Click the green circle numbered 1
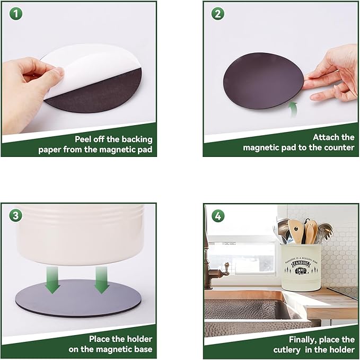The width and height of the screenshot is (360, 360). click(16, 14)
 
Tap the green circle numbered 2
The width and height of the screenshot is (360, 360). click(218, 14)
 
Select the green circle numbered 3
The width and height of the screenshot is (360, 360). click(15, 216)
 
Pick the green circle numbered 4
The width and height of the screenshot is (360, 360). click(218, 216)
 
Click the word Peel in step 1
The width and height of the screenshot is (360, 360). click(83, 139)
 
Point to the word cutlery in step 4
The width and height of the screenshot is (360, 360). click(287, 350)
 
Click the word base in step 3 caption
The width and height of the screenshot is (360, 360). click(143, 349)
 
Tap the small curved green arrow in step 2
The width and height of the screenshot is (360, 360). click(293, 110)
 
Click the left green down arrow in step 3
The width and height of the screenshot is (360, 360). click(52, 280)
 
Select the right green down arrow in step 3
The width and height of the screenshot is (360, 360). click(102, 280)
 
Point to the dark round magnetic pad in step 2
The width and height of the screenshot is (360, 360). click(264, 81)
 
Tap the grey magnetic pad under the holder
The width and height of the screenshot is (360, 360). click(78, 298)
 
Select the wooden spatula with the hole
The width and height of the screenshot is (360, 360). click(296, 231)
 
